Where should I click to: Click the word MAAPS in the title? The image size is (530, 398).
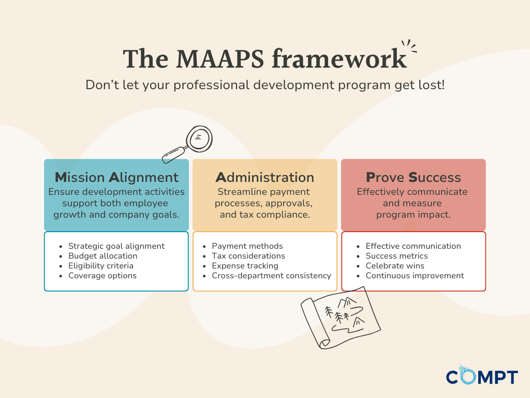tap(219, 59)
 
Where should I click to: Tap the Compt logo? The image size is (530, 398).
tap(482, 375)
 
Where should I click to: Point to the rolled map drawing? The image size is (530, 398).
tap(341, 318)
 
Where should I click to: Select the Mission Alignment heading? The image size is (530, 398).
tap(116, 177)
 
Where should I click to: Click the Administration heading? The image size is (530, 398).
tap(265, 177)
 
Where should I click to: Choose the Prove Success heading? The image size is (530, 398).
tap(414, 177)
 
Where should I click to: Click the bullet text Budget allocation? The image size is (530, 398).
tap(103, 256)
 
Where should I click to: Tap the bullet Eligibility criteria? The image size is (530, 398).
tap(101, 266)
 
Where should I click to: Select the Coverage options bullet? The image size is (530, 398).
tap(102, 276)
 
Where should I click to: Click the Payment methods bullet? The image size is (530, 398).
tap(247, 246)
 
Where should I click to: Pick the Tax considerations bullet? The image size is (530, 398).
tap(248, 256)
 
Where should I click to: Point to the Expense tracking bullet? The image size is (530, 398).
tap(245, 266)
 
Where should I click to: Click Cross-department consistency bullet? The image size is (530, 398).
tap(271, 276)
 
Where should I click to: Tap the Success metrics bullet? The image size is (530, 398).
tap(397, 256)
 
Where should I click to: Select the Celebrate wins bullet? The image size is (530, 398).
tap(395, 266)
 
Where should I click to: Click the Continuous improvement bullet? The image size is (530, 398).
tap(415, 276)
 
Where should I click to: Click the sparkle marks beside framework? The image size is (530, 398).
tap(409, 46)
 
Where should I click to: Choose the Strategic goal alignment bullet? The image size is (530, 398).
tap(116, 246)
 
